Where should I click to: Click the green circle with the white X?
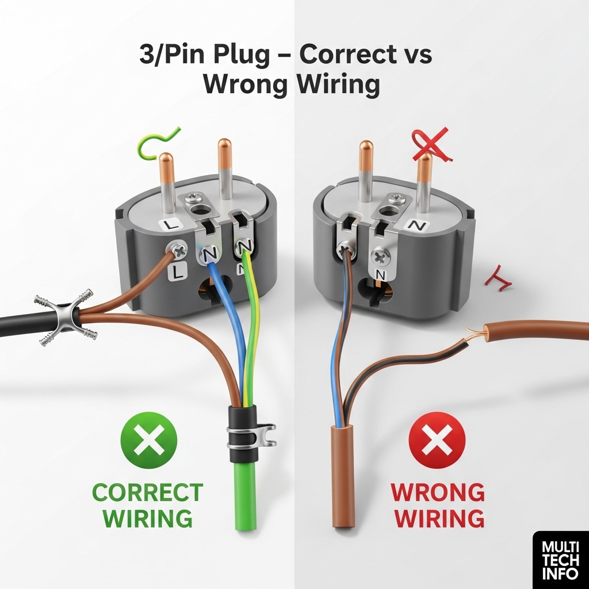pyautogui.click(x=149, y=440)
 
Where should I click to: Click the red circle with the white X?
pyautogui.click(x=437, y=440)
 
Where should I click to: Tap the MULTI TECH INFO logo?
pyautogui.click(x=560, y=560)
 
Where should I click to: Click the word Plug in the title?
pyautogui.click(x=242, y=54)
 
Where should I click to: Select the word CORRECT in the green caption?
pyautogui.click(x=148, y=492)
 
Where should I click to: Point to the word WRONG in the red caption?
pyautogui.click(x=438, y=492)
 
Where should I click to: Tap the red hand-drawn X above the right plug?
pyautogui.click(x=432, y=144)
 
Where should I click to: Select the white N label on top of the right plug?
pyautogui.click(x=417, y=225)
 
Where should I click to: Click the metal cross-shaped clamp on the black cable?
pyautogui.click(x=66, y=317)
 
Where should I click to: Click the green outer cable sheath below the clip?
pyautogui.click(x=246, y=496)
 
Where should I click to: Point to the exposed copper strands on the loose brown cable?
pyautogui.click(x=475, y=332)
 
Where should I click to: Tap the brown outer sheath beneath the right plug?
pyautogui.click(x=343, y=476)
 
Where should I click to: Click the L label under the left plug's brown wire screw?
pyautogui.click(x=179, y=271)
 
